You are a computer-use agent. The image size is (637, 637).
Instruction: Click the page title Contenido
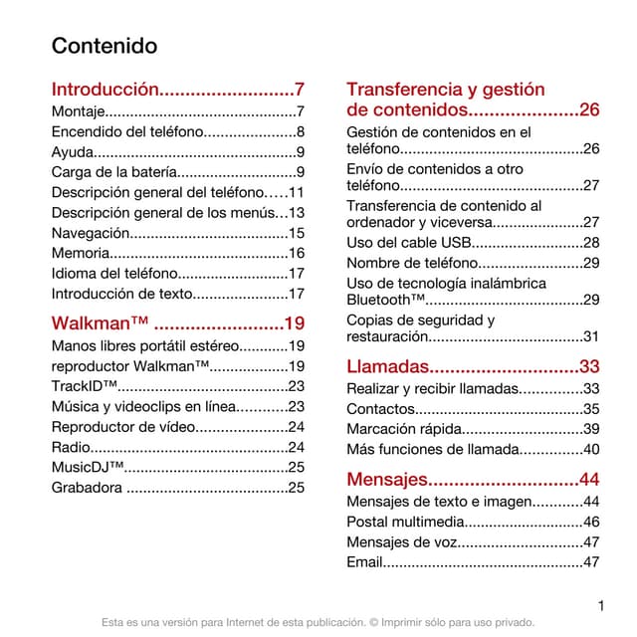(105, 47)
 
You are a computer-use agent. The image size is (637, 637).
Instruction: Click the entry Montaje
(78, 110)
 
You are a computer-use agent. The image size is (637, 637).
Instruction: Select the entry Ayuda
(73, 152)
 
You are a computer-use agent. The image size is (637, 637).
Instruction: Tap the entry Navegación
(91, 233)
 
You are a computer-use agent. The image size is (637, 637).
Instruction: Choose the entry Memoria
(80, 253)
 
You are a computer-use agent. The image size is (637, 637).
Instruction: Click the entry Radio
(70, 447)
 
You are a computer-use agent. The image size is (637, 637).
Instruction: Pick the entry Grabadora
(87, 487)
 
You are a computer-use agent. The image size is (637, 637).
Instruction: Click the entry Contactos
(379, 409)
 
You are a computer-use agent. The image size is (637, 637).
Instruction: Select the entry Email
(364, 562)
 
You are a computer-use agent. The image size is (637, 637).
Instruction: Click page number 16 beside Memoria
(296, 253)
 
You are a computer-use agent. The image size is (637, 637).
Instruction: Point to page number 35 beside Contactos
(591, 409)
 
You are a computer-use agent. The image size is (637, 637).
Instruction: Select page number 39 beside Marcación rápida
(591, 429)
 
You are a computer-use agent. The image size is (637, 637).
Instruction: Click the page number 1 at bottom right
(601, 603)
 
